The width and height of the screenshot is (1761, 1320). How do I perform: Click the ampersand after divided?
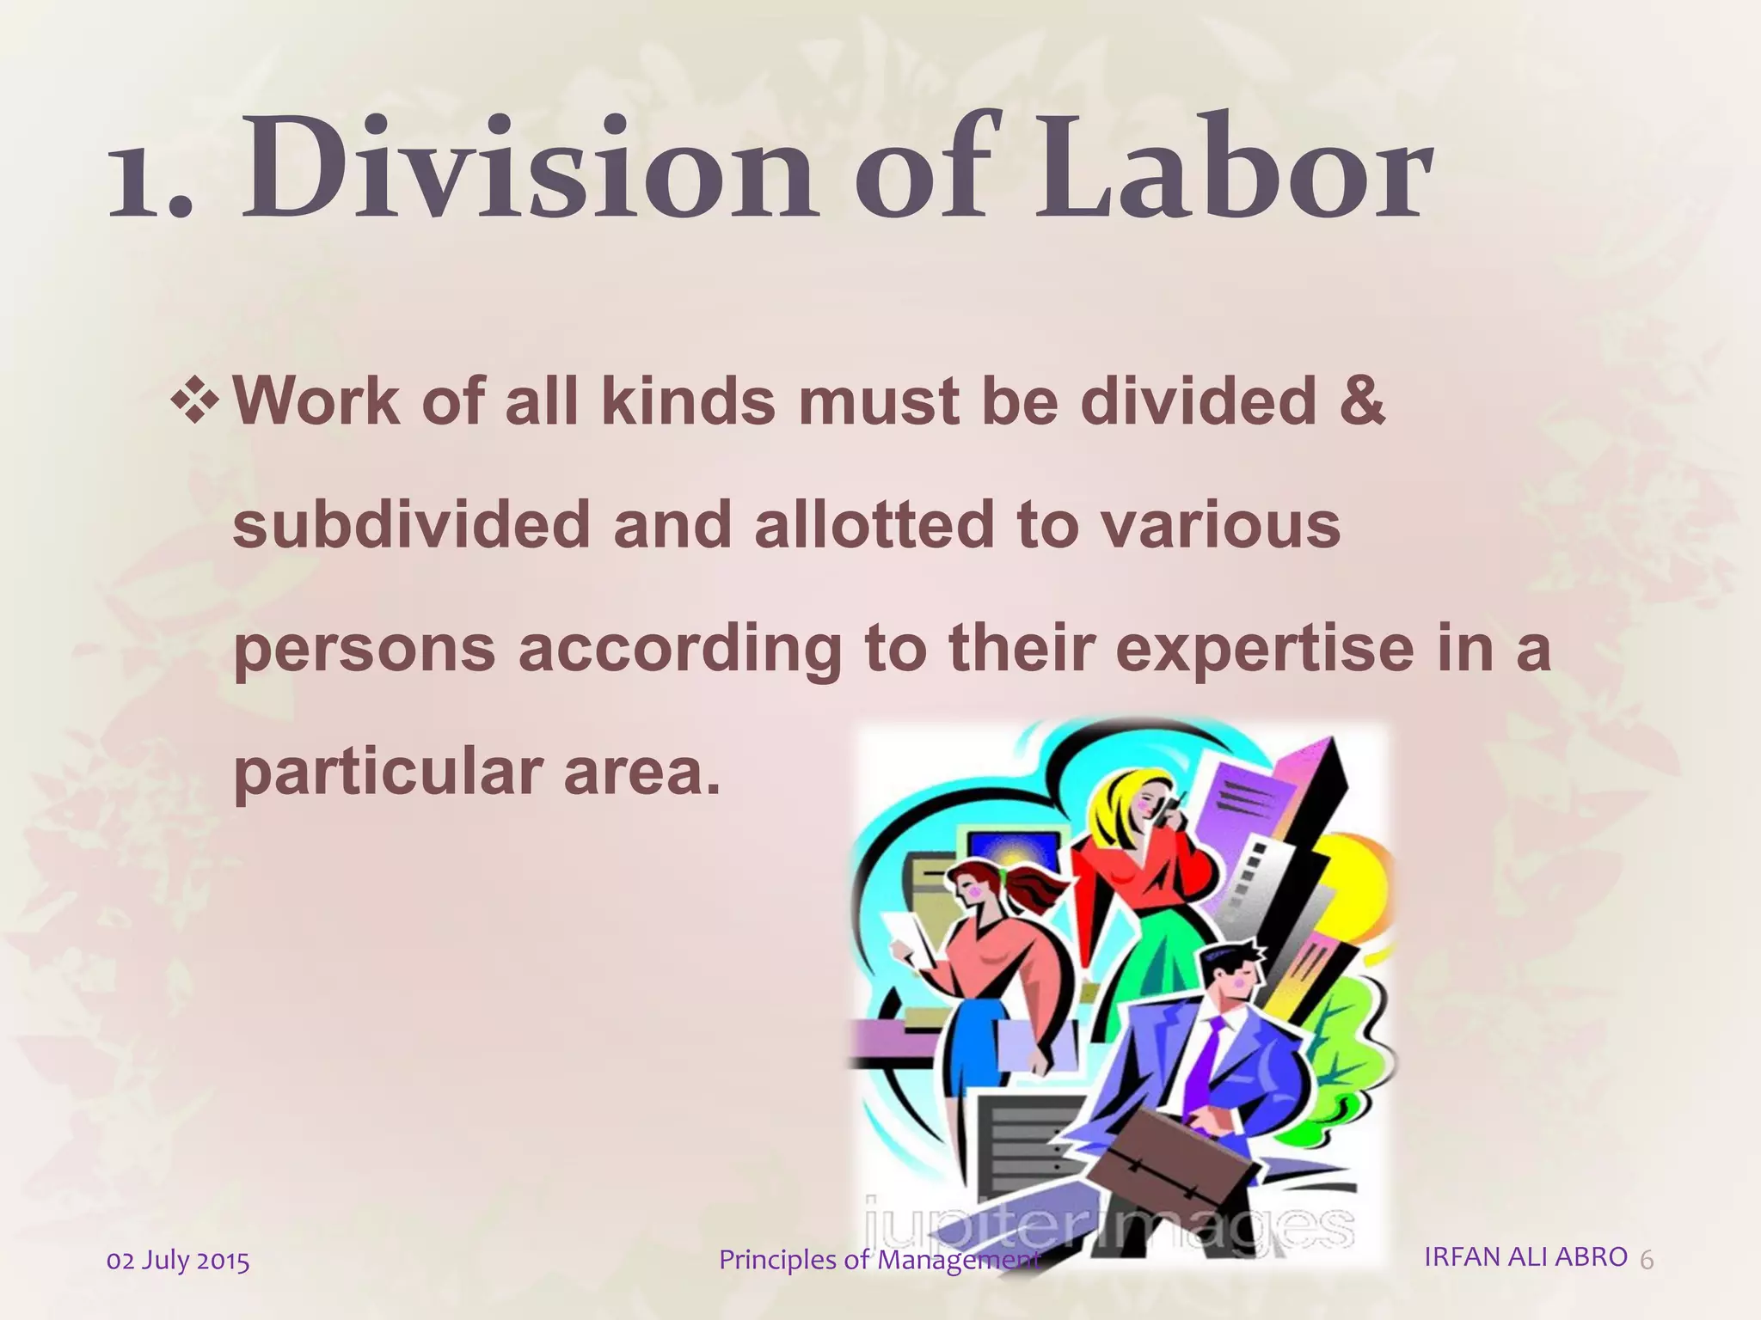click(x=1361, y=400)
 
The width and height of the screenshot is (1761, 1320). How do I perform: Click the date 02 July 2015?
click(x=178, y=1261)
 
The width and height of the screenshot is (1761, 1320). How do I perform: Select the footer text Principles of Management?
click(x=879, y=1260)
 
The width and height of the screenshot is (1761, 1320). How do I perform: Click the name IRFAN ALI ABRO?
click(x=1525, y=1256)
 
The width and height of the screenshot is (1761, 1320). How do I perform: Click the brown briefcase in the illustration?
click(x=1152, y=1156)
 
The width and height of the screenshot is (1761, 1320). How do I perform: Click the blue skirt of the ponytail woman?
click(x=972, y=1040)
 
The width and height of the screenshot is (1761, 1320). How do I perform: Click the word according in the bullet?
click(x=679, y=650)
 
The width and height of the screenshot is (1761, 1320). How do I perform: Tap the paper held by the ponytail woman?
click(x=908, y=937)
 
